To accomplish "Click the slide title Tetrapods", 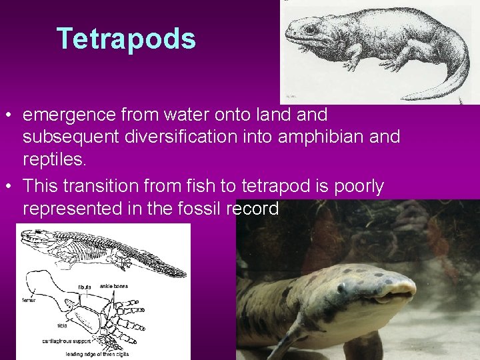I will click(126, 39).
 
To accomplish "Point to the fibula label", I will click(85, 287).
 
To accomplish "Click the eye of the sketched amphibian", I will click(309, 29).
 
